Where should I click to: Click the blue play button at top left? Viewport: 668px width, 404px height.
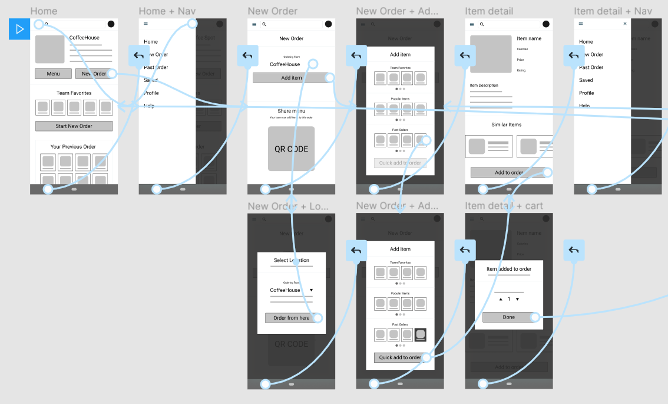tap(19, 29)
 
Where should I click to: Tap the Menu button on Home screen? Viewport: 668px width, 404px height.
tap(53, 74)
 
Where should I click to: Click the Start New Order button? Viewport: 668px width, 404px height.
tap(74, 126)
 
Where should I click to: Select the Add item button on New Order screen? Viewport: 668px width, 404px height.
tap(291, 78)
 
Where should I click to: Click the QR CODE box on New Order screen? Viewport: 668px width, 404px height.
tap(291, 149)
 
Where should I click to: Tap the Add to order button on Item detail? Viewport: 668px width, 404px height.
tap(508, 172)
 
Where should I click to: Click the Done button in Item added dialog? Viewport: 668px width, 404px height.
tap(508, 317)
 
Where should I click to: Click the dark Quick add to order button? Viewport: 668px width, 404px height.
tap(400, 357)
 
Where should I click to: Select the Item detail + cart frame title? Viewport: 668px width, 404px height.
tap(504, 206)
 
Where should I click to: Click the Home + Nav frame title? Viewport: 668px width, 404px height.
tap(167, 11)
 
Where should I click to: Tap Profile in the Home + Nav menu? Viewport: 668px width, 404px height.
tap(151, 93)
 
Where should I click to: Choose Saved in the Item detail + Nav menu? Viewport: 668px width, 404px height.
tap(586, 80)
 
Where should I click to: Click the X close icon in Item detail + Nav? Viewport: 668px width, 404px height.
tap(625, 24)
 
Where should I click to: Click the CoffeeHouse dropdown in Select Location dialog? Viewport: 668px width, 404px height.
tap(291, 290)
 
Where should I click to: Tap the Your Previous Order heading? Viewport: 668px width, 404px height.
tap(73, 147)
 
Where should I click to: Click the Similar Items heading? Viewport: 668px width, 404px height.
tap(506, 125)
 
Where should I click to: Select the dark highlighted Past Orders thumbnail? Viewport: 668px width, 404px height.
tap(420, 335)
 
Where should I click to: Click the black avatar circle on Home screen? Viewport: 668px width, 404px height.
tap(111, 24)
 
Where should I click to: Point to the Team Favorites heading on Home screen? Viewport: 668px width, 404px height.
tap(74, 93)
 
